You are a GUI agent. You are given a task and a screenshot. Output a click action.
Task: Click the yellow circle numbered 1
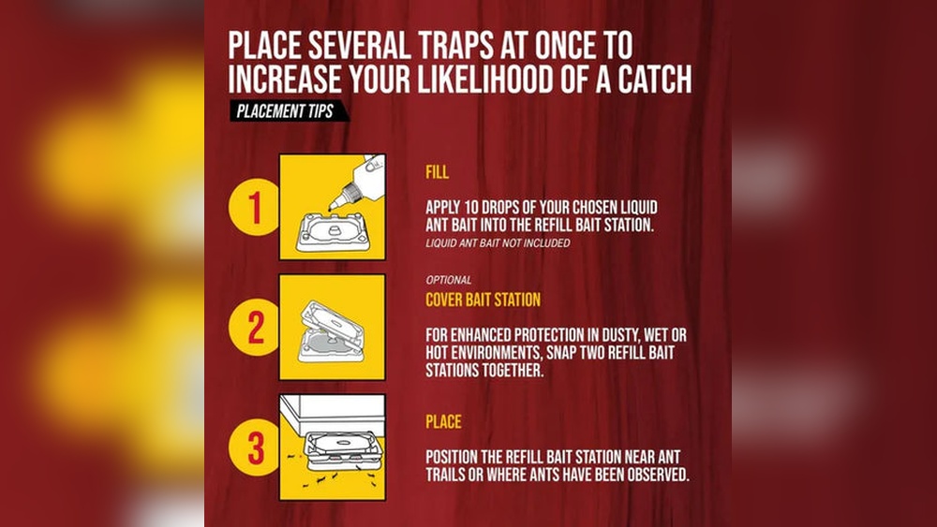(x=255, y=207)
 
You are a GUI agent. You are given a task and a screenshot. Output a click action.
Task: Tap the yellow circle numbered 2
(x=255, y=327)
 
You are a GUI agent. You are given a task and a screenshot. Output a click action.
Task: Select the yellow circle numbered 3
(x=255, y=447)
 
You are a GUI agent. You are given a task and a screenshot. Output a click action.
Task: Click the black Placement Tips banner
(x=289, y=111)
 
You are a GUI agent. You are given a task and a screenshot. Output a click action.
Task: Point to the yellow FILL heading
(x=437, y=172)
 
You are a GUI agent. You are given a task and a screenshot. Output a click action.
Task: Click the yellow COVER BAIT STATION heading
(x=483, y=300)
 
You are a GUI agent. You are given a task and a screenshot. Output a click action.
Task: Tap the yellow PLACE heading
(x=443, y=422)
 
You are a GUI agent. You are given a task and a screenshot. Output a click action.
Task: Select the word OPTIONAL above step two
(x=449, y=280)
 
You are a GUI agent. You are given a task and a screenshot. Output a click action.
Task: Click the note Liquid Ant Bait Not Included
(x=498, y=243)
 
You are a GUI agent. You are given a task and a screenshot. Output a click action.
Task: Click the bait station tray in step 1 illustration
(x=332, y=232)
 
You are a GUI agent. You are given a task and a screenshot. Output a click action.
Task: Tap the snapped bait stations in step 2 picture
(x=331, y=332)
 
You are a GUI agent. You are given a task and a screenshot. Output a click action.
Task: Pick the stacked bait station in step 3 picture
(x=343, y=450)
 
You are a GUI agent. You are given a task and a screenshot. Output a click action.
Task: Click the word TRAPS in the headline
(x=456, y=45)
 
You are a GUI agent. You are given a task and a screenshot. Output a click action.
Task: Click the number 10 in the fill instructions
(x=471, y=208)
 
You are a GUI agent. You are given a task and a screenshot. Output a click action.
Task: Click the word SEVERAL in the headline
(x=359, y=45)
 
